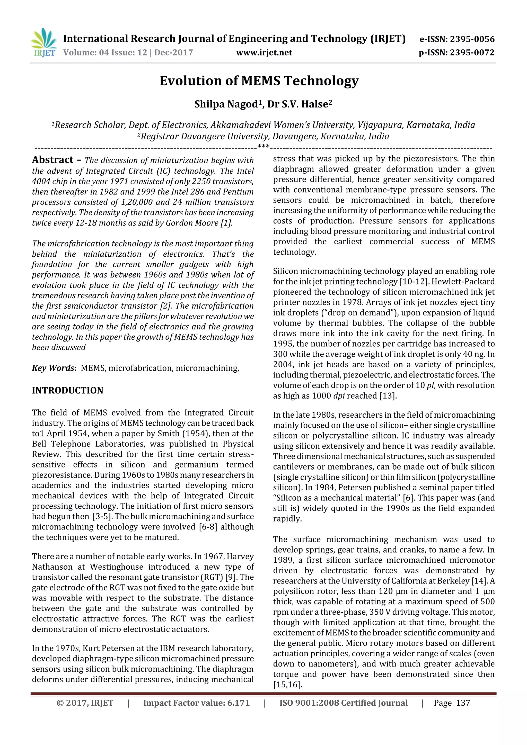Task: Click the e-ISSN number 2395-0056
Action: [472, 39]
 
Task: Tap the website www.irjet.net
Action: [264, 52]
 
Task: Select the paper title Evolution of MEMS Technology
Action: [259, 80]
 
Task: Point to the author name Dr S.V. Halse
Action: [299, 104]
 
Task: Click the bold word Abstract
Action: [52, 160]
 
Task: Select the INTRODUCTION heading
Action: [67, 390]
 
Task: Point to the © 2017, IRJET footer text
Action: [85, 703]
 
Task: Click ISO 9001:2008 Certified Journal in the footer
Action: [344, 703]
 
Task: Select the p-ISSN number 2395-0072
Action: [472, 52]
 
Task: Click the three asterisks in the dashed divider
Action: [263, 146]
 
